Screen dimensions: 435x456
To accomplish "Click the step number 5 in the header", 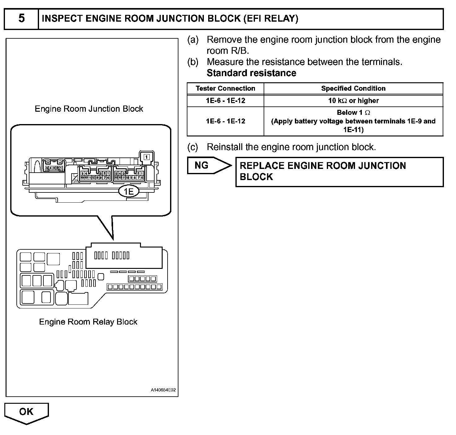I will point(21,19).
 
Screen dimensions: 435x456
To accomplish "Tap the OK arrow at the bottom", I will point(26,412).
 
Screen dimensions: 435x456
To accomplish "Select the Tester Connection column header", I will point(226,88).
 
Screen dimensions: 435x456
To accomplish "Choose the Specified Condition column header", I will point(353,88).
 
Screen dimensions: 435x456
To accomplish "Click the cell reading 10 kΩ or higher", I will point(353,101).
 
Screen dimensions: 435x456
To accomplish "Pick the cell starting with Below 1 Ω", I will point(353,121).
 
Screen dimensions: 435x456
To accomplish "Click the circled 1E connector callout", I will point(129,192).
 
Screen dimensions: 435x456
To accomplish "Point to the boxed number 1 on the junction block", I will point(147,157).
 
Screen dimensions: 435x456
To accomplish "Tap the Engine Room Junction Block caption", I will point(89,109).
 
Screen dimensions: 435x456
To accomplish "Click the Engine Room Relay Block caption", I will point(88,322).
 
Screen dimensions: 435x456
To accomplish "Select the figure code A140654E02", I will point(163,390).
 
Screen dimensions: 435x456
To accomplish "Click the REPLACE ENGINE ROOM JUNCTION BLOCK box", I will point(339,171).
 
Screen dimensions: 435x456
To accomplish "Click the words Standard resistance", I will point(251,73).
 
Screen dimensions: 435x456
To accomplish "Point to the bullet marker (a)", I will point(193,40).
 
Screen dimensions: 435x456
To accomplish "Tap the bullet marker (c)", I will point(193,147).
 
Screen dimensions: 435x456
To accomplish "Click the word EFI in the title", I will point(254,19).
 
